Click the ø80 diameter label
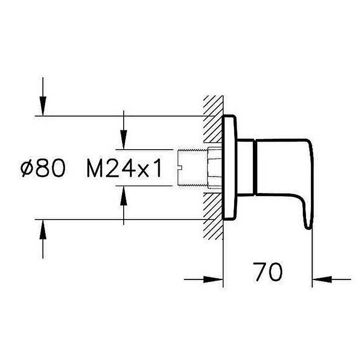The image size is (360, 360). (x=43, y=168)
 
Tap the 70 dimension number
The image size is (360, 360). (x=268, y=272)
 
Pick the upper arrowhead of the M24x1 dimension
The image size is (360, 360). (x=124, y=140)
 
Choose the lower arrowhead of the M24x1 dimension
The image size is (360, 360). (x=124, y=195)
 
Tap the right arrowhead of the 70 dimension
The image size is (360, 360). (x=322, y=280)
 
